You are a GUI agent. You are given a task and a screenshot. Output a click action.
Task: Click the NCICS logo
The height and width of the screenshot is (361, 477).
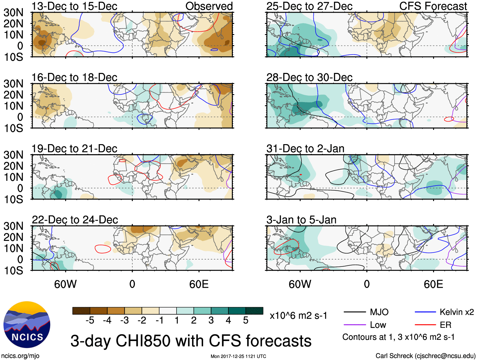tap(27, 325)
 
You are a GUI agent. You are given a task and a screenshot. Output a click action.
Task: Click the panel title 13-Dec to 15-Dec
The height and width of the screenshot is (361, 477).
tap(74, 6)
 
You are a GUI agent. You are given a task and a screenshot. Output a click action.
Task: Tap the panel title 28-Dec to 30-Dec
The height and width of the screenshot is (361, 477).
tap(309, 77)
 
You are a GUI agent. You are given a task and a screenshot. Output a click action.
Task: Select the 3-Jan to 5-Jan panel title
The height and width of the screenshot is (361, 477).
tap(301, 220)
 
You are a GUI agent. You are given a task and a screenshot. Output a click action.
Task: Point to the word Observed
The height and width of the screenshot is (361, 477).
tap(209, 6)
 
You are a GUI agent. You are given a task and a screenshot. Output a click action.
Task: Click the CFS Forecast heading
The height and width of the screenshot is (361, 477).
tap(433, 6)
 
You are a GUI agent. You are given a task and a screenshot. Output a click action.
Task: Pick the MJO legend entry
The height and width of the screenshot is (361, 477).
tap(379, 312)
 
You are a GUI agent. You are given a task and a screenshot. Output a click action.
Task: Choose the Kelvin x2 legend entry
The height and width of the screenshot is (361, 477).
tap(456, 312)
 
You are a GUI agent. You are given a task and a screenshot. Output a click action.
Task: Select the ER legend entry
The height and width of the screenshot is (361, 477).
tap(445, 325)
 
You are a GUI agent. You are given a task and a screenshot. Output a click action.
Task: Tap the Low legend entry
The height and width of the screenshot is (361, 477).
tap(378, 325)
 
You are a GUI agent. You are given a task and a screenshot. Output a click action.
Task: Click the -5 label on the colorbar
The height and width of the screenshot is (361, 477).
tap(90, 321)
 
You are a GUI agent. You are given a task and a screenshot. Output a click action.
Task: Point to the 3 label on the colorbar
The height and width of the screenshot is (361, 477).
tap(211, 321)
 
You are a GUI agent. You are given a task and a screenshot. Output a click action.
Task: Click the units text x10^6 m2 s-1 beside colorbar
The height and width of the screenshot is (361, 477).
tap(299, 315)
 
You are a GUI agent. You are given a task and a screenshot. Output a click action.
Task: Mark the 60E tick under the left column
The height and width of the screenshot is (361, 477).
tap(199, 284)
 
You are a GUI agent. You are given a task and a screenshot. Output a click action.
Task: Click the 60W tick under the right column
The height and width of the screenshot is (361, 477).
tap(300, 284)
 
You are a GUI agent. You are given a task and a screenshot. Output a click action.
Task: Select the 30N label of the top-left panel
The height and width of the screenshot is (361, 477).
tap(14, 13)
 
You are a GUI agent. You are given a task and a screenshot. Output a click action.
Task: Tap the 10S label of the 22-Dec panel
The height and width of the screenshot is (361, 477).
tap(14, 271)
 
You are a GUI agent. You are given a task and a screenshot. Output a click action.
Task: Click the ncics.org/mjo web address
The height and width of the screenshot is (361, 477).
tap(20, 356)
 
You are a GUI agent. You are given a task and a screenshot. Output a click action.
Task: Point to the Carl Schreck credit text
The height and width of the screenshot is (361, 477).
tap(425, 356)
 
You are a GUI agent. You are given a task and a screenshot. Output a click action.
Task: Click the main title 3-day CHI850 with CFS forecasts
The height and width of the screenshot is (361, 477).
tap(191, 341)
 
